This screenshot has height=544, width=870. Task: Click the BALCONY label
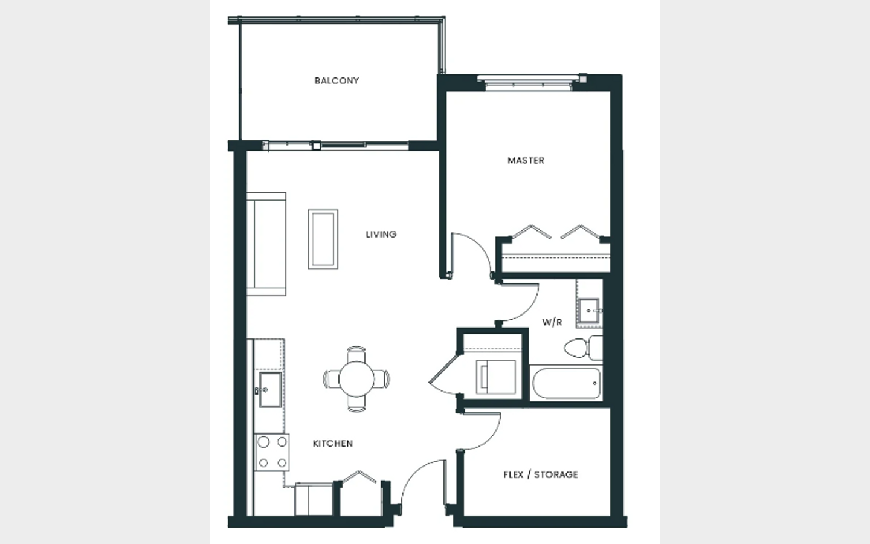coord(337,81)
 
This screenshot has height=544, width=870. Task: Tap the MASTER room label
coord(526,161)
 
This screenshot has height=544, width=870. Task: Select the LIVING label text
coord(381,235)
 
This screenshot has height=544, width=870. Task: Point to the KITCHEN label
coord(333,444)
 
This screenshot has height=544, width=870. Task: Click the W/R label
coord(552,322)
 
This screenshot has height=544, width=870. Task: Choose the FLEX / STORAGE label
coord(541,474)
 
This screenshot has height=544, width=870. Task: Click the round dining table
coord(356,379)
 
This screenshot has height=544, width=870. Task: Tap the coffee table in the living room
coord(323,239)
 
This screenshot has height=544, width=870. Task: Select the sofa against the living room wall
coord(266,244)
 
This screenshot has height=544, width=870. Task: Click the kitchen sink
coord(270,390)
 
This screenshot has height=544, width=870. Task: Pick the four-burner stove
coord(272,452)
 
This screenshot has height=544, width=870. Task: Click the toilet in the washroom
coord(583,348)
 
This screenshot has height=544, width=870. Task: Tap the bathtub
coord(566,383)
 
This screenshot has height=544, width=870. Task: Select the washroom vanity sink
coord(589,311)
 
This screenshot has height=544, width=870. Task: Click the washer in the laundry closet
coord(496,377)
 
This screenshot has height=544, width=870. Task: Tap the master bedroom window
coord(528,82)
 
